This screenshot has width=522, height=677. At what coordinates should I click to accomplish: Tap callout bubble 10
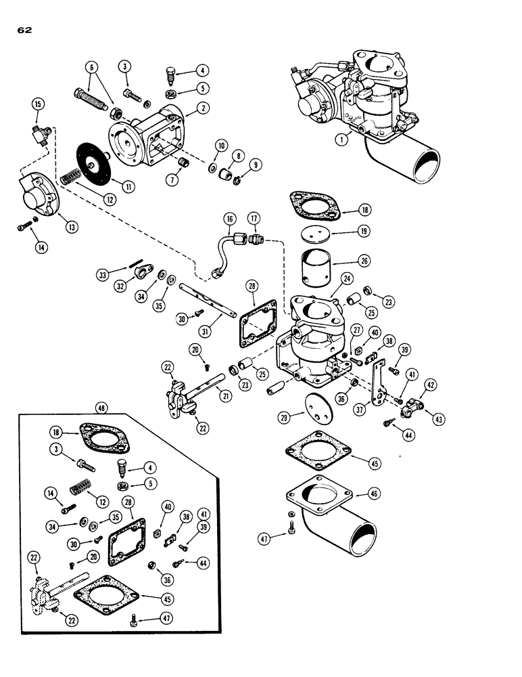[220, 146]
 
